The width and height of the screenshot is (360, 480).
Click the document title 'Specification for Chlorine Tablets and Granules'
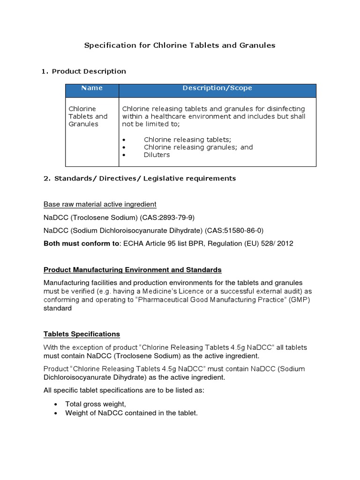pyautogui.click(x=180, y=45)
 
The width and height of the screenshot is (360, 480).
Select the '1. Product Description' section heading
pyautogui.click(x=84, y=71)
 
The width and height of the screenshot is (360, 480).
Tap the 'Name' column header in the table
pyautogui.click(x=92, y=88)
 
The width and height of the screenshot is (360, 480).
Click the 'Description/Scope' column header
pyautogui.click(x=217, y=88)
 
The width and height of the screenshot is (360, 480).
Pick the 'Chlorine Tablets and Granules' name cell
pyautogui.click(x=88, y=116)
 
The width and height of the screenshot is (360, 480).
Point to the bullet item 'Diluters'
pyautogui.click(x=157, y=155)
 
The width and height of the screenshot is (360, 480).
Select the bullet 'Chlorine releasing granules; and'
pyautogui.click(x=198, y=147)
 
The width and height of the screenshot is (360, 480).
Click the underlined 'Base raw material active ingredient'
pyautogui.click(x=100, y=204)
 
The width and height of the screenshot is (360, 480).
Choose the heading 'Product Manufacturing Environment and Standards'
pyautogui.click(x=133, y=270)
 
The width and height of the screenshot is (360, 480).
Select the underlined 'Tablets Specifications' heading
pyautogui.click(x=82, y=334)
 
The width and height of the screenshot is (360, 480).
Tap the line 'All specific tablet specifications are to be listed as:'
pyautogui.click(x=124, y=390)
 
